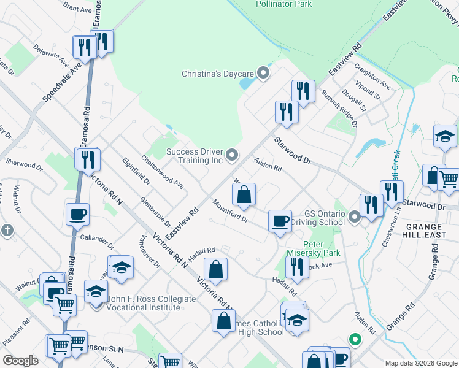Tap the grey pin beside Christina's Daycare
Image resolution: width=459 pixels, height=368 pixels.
[264, 74]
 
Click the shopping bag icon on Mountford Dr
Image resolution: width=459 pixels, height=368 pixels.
[244, 194]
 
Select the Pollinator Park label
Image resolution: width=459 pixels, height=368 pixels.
[283, 4]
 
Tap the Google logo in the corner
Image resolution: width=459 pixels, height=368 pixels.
[20, 360]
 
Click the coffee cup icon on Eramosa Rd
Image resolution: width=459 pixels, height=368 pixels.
[78, 215]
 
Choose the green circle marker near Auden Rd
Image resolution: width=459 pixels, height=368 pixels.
[354, 339]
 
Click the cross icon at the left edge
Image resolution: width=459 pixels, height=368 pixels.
[7, 231]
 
